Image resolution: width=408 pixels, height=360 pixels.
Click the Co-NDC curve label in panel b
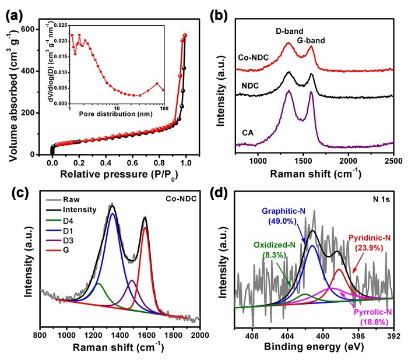coord(254,58)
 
